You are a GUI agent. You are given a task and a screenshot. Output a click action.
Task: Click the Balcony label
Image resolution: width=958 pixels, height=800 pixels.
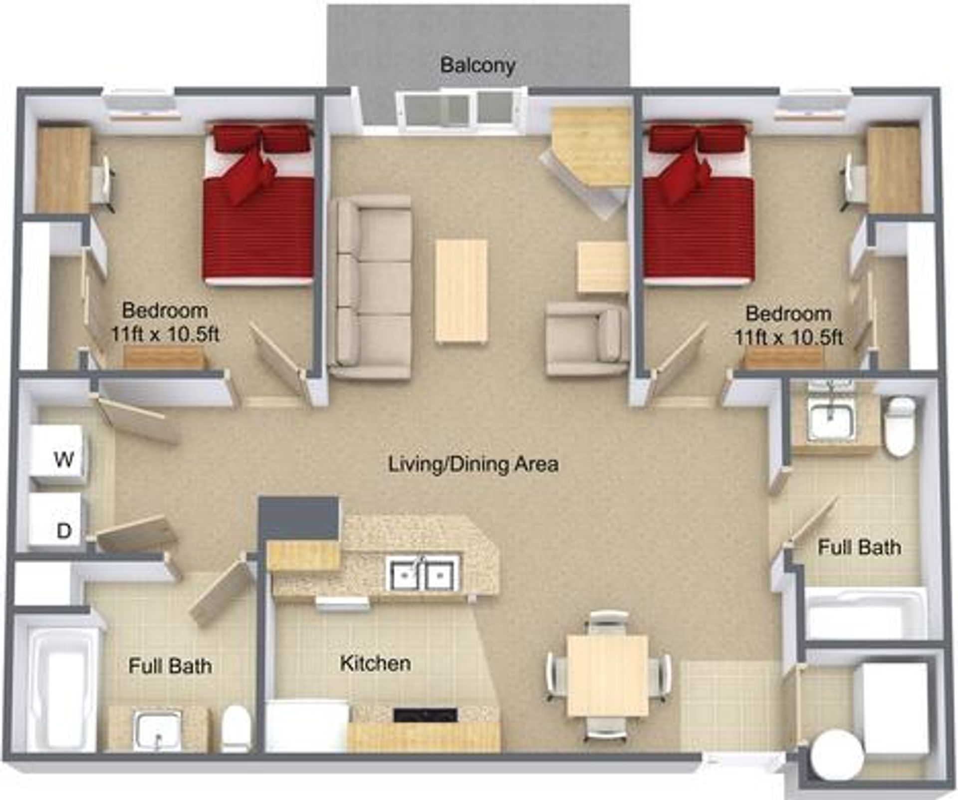click(x=478, y=65)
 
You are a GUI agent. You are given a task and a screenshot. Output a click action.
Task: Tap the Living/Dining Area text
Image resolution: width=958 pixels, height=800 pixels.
click(x=474, y=465)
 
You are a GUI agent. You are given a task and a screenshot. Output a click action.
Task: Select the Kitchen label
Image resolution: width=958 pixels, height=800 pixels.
click(x=375, y=663)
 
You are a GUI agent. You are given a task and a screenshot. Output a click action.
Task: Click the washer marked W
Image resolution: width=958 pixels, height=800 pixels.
click(x=57, y=455)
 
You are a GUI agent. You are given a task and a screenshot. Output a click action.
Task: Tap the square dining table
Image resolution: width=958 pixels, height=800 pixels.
click(x=608, y=675)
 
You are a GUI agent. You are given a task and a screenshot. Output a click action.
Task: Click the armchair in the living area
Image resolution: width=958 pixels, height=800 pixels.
click(x=588, y=339)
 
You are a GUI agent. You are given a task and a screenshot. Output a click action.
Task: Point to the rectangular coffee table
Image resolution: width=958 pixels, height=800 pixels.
click(x=461, y=291)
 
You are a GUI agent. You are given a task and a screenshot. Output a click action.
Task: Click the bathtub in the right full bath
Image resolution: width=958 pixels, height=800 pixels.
click(x=865, y=613)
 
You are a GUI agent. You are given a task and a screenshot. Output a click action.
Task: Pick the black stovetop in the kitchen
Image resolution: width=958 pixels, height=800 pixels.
click(x=425, y=715)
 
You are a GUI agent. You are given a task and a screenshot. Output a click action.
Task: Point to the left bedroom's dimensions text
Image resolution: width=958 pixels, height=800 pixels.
click(x=165, y=334)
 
